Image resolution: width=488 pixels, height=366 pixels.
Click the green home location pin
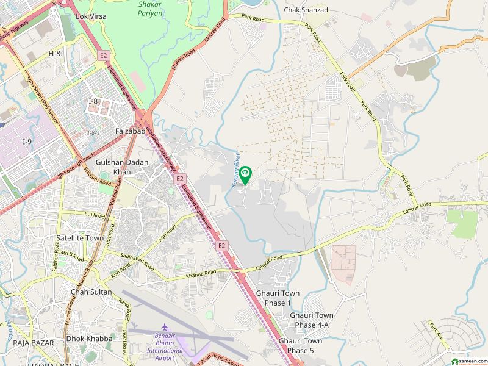pos(245,174)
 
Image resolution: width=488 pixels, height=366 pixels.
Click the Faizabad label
pos(129,131)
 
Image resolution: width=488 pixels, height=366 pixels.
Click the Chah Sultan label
pos(91,292)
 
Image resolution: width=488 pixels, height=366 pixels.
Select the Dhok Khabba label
pos(89,338)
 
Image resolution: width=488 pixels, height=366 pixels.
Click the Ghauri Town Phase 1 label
pos(279,298)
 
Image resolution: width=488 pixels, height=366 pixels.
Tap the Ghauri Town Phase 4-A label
pos(312,320)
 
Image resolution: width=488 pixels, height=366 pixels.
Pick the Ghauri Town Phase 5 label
pos(300,346)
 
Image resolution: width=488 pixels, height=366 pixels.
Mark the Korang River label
pos(234,171)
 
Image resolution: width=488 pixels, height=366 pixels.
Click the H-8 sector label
pos(54,54)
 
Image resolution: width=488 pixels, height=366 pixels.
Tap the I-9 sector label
pos(27,142)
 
